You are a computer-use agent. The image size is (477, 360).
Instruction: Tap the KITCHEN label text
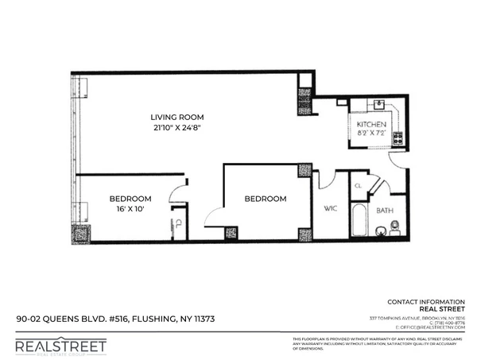point(371,126)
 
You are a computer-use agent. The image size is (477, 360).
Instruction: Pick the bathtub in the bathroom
point(360,222)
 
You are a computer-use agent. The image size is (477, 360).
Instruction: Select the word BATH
point(385,211)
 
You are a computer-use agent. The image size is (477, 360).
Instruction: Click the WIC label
point(332,210)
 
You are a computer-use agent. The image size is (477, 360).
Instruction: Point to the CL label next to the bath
point(358,186)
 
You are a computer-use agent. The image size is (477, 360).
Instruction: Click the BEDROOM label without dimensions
point(265,199)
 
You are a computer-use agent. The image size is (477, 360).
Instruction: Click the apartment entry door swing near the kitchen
point(397,160)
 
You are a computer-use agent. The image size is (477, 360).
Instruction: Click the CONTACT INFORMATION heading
point(426,302)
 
